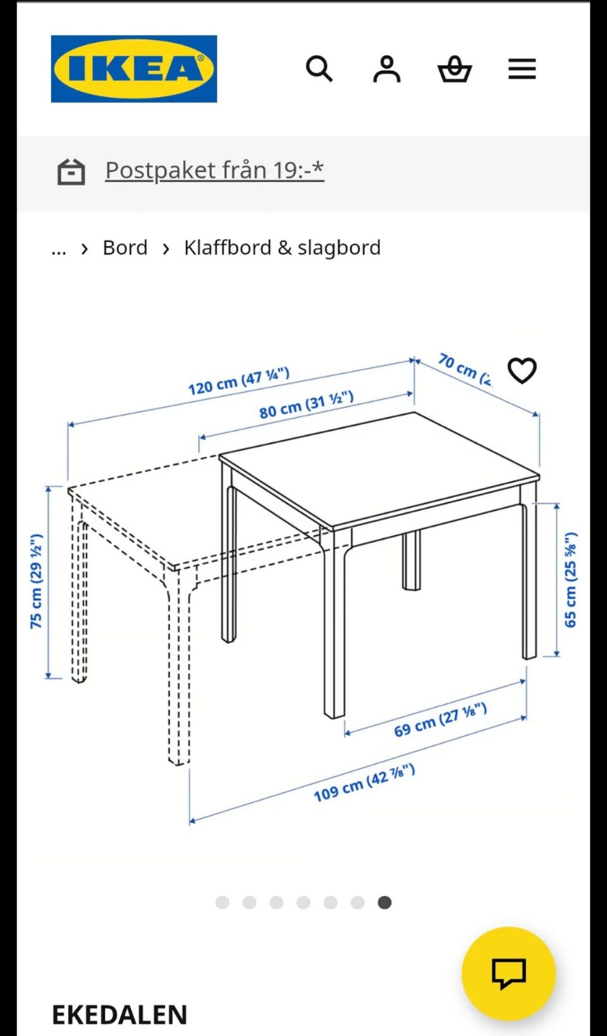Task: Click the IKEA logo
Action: [134, 69]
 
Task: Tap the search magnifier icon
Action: [319, 69]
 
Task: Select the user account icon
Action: [386, 69]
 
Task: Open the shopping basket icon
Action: [455, 69]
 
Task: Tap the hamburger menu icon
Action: [522, 69]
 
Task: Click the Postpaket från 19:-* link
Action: [214, 170]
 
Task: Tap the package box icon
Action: [71, 171]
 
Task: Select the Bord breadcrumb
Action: [125, 248]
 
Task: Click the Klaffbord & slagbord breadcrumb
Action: [282, 248]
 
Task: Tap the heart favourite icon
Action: [522, 370]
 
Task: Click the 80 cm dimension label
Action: [306, 405]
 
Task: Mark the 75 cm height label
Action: [36, 581]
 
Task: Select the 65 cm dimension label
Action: [570, 580]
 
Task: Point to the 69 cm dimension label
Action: [440, 720]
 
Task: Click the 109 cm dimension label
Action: [364, 783]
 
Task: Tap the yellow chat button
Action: [508, 973]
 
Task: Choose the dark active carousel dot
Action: [384, 903]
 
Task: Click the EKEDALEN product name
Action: [120, 1015]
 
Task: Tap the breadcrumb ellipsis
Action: [59, 249]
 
